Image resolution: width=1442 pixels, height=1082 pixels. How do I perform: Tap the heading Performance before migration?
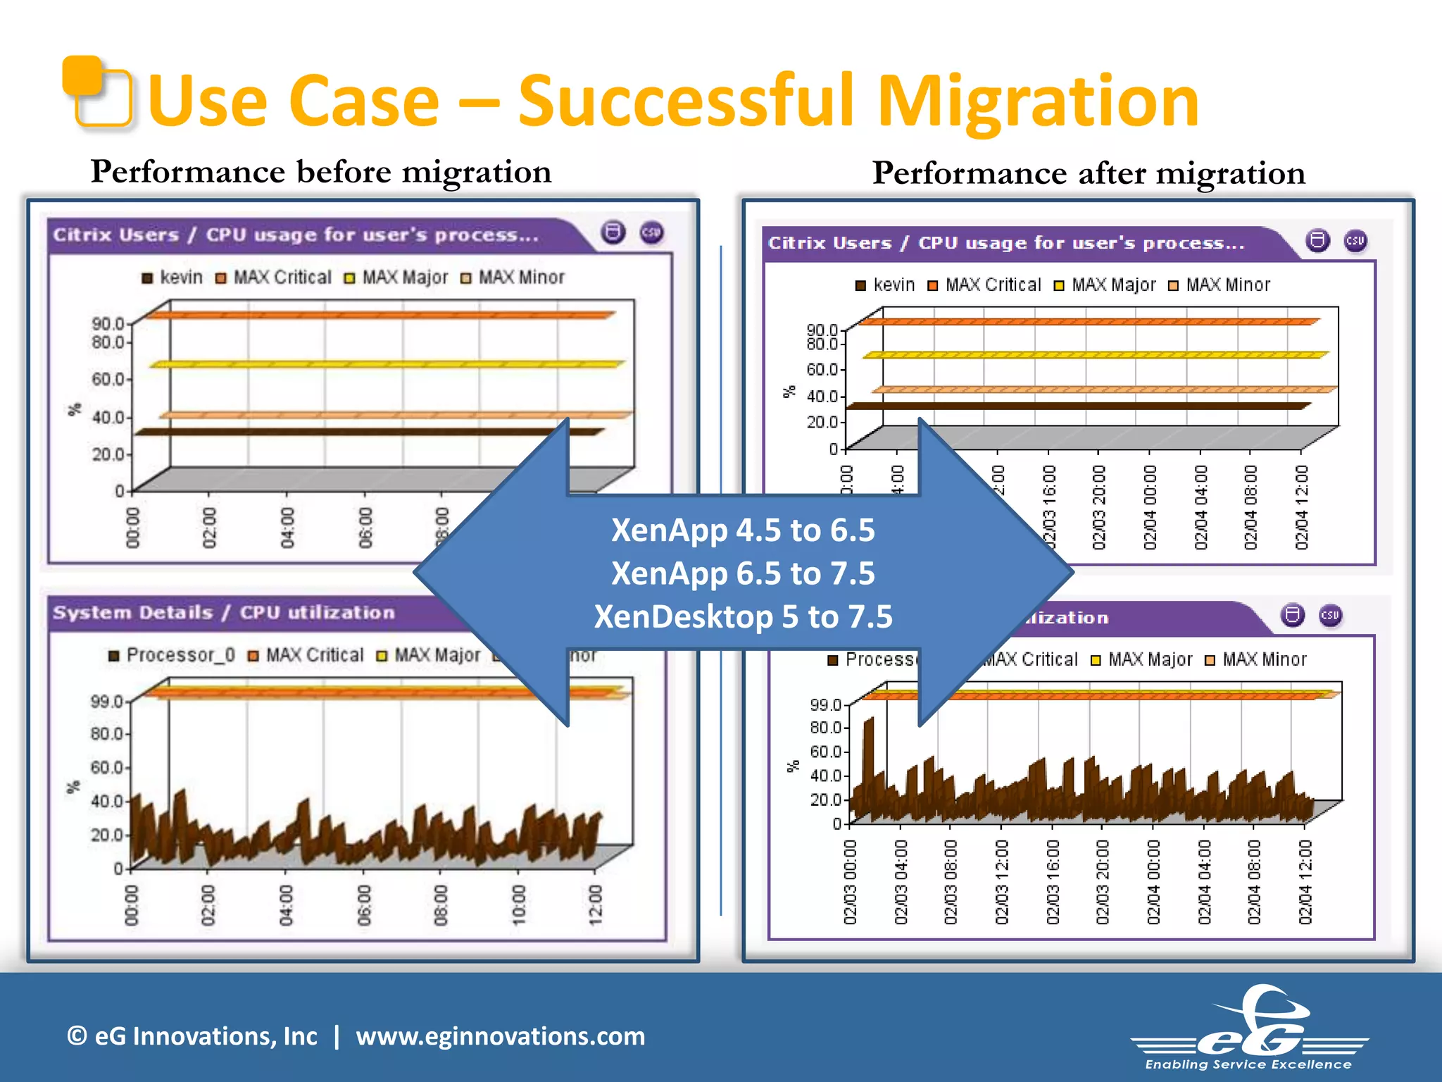tap(320, 172)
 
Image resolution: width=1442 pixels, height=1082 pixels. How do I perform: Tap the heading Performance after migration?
tap(1088, 173)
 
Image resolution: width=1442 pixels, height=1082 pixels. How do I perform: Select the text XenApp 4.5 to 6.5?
tap(743, 530)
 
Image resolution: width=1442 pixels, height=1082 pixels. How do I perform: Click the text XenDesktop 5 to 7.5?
tap(743, 617)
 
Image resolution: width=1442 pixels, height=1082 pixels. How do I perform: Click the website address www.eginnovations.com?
tap(500, 1036)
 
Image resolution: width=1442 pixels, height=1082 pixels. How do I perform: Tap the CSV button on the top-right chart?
tap(1355, 242)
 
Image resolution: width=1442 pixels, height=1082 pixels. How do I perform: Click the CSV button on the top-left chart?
tap(651, 233)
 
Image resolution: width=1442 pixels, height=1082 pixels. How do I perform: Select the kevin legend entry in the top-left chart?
tap(173, 278)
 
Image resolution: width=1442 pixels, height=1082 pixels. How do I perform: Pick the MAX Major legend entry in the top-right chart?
tap(1105, 285)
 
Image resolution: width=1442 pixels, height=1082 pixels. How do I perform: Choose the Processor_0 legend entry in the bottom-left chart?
tap(172, 655)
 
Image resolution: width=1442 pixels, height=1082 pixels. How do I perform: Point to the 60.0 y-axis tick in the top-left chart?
tap(108, 379)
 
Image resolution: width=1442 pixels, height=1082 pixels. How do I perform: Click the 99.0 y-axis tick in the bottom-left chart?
tap(106, 701)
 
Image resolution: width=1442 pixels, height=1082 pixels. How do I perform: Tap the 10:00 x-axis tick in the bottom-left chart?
tap(519, 904)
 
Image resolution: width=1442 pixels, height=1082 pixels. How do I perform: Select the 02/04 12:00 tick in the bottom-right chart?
tap(1305, 882)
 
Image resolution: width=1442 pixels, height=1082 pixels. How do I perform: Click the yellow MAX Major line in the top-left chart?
tap(387, 364)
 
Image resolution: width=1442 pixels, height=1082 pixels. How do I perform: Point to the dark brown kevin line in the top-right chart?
tap(1077, 406)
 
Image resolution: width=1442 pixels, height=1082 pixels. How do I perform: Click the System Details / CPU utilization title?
tap(224, 613)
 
